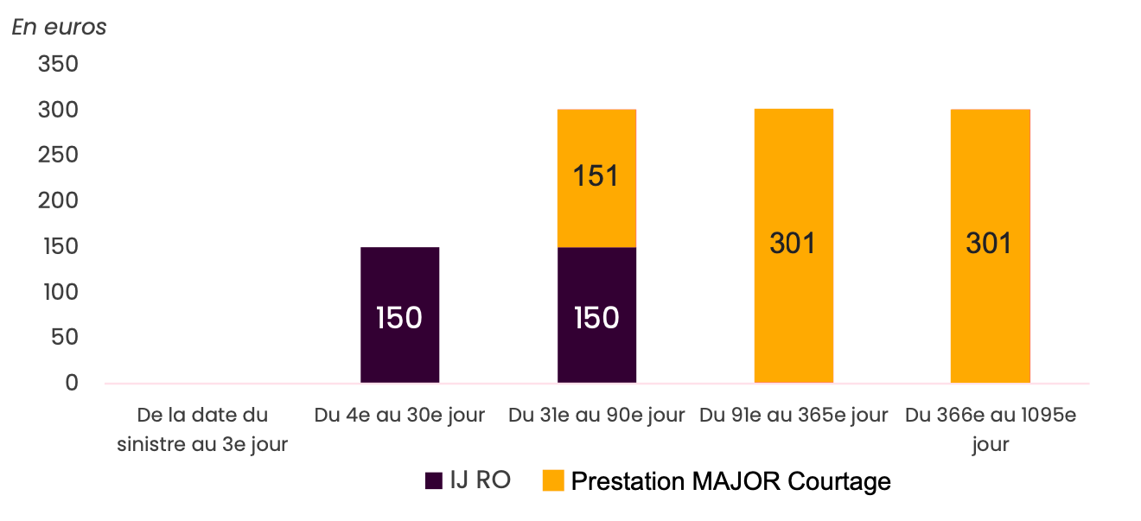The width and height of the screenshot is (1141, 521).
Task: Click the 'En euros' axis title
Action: point(59,27)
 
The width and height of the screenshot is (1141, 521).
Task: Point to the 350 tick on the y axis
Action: point(59,65)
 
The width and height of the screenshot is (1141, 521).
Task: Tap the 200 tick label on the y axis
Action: point(59,200)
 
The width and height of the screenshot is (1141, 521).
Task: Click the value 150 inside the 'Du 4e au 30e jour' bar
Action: point(399,318)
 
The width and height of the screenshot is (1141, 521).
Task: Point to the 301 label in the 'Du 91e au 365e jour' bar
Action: point(794,244)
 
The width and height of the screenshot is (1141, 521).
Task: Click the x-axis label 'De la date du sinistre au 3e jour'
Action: point(201,429)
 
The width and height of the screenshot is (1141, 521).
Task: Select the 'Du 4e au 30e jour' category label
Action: point(399,416)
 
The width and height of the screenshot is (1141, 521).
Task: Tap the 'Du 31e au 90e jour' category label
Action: point(596,416)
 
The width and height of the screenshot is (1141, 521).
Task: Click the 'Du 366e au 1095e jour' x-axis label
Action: point(990,429)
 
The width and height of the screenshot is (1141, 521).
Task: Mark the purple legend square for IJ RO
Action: point(434,481)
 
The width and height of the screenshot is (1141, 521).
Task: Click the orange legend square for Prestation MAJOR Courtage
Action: point(552,481)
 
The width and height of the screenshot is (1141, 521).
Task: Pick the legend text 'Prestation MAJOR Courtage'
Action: point(730,481)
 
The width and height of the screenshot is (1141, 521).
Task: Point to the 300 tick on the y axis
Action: point(59,111)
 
